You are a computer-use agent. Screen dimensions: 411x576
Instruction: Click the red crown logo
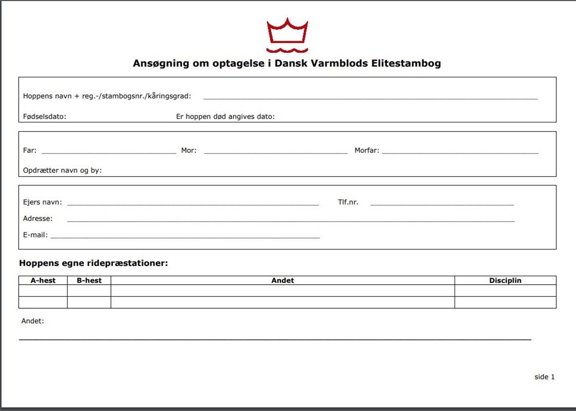coord(288,35)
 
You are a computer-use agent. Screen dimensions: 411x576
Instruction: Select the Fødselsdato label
coord(44,117)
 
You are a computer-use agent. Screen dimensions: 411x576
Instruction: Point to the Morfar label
coord(367,150)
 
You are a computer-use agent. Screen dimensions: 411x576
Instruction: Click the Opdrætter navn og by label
coord(62,170)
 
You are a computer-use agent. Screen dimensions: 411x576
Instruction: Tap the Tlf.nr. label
coord(348,202)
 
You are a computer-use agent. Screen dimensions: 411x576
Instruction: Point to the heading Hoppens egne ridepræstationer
coord(93,263)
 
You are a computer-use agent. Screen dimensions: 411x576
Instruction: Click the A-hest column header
coord(43,280)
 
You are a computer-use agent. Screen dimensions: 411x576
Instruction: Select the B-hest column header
coord(89,280)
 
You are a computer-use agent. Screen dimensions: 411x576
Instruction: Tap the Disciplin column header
coord(505,280)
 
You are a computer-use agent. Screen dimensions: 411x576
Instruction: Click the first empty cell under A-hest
coord(43,290)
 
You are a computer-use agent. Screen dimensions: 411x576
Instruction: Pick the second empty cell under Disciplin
coord(505,302)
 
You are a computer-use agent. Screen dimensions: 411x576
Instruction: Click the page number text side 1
coord(544,377)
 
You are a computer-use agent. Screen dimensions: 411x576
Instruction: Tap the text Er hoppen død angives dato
coord(225,117)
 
